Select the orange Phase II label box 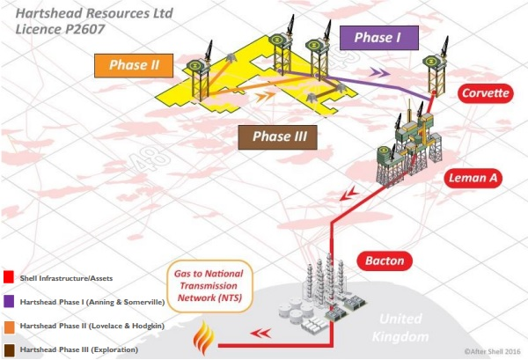[134, 64]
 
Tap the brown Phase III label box [277, 136]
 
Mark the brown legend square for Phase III [8, 350]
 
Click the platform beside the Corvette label [431, 71]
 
